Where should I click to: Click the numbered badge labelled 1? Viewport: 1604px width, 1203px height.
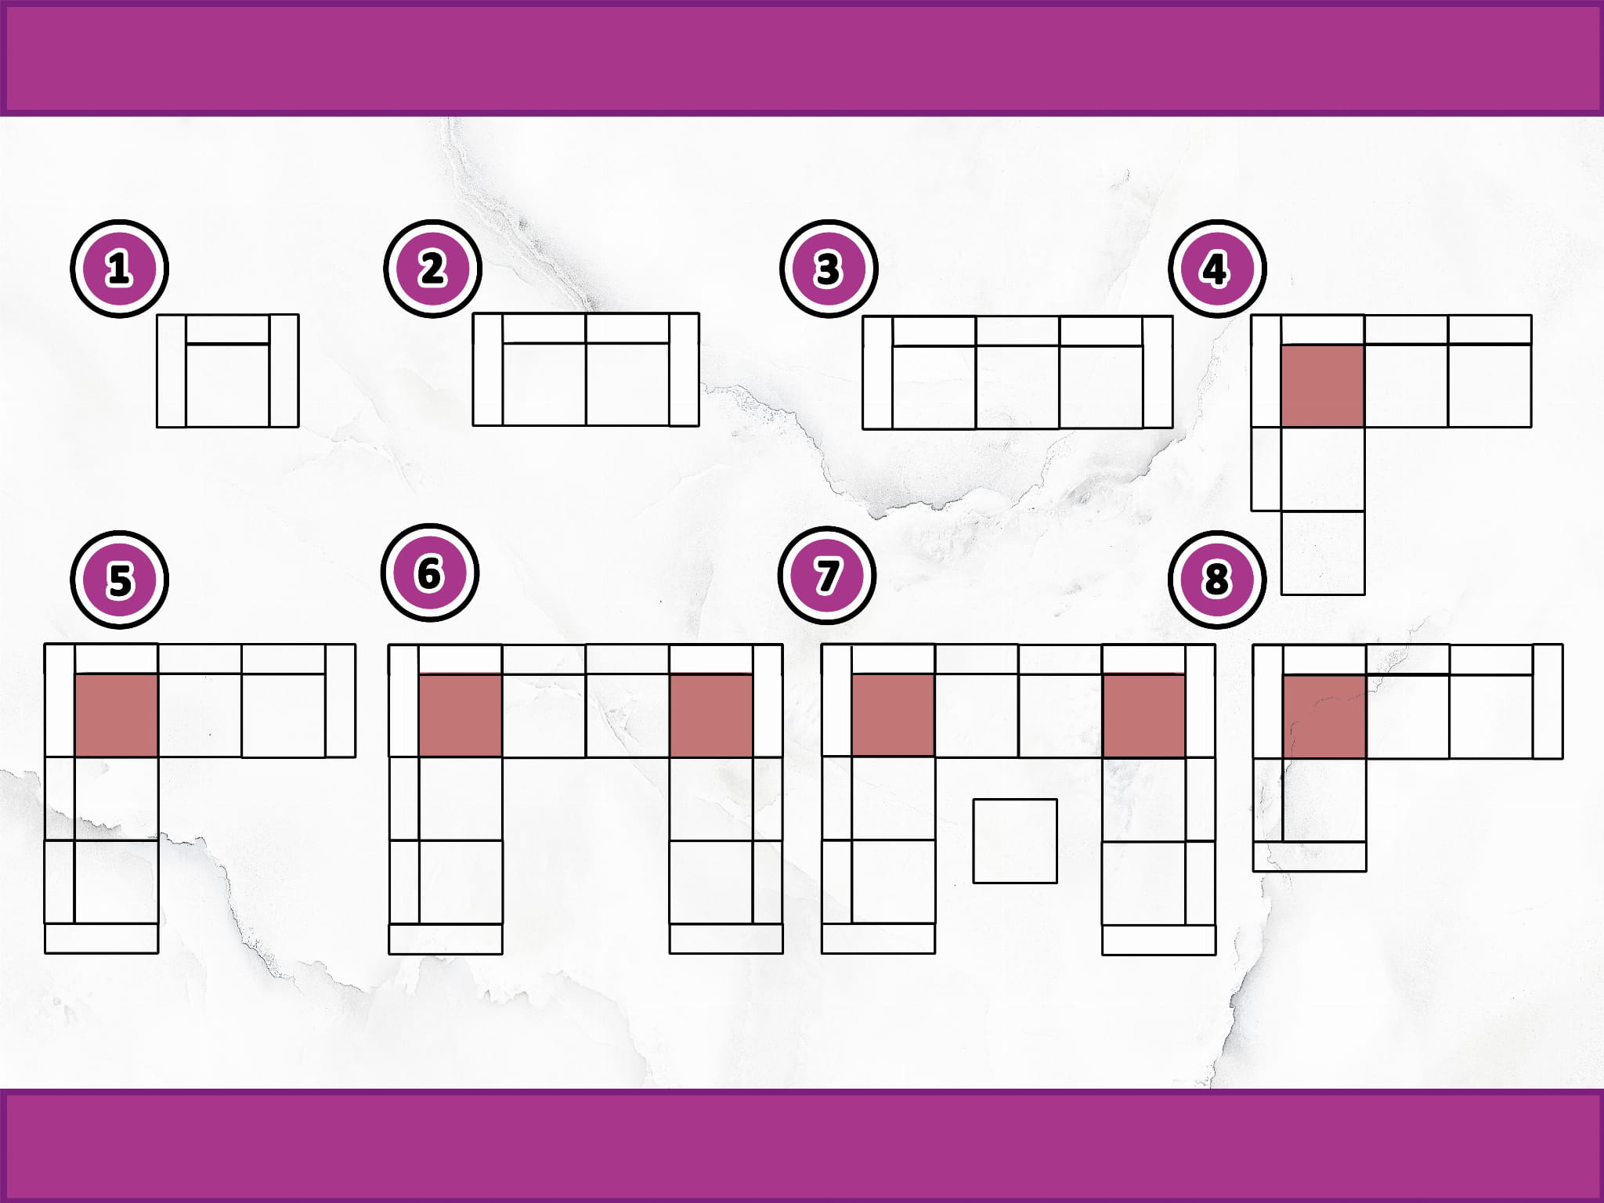[119, 269]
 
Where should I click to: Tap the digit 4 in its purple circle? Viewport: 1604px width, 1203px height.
[1216, 269]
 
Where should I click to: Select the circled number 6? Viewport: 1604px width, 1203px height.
[429, 573]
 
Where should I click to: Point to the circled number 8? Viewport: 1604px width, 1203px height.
[1216, 580]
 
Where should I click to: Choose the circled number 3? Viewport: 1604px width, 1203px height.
[828, 269]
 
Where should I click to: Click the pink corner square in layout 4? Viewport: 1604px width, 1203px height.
[1323, 385]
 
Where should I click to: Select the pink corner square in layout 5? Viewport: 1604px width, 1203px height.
[117, 715]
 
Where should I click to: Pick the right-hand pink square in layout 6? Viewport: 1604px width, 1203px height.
[711, 715]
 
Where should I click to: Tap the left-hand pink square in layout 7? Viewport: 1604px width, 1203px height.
[893, 715]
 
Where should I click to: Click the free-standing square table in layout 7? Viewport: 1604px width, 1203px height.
[1015, 841]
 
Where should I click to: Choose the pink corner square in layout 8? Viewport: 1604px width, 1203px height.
[1324, 717]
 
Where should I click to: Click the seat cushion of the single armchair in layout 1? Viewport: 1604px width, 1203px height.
[228, 385]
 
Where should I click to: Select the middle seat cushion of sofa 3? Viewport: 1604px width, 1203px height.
[1017, 387]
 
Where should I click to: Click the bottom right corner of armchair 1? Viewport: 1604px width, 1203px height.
[298, 427]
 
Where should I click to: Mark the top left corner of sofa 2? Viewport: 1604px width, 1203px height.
[473, 313]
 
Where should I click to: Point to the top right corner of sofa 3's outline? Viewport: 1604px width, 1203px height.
[1172, 316]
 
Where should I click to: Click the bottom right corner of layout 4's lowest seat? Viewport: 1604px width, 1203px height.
[1365, 594]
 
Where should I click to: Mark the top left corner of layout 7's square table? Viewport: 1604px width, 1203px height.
[974, 800]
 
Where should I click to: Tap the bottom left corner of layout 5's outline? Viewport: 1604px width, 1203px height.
[45, 953]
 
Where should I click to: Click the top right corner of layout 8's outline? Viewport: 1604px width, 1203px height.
[1562, 645]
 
